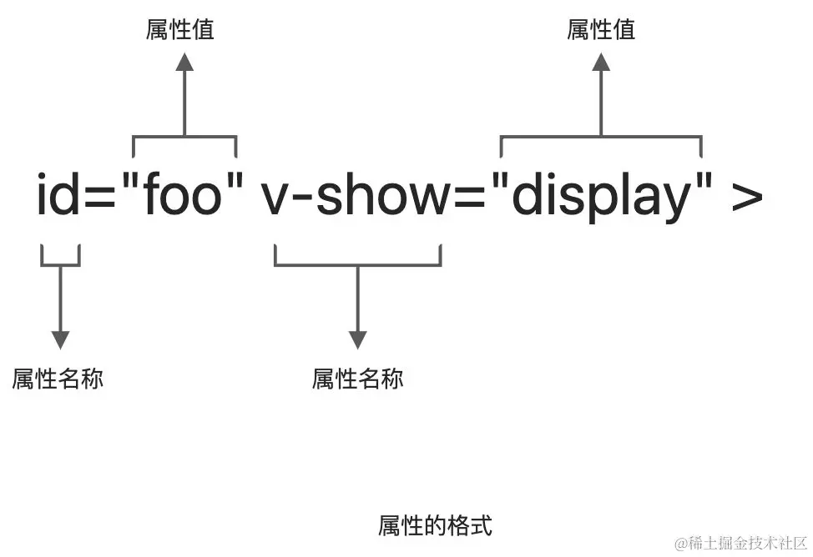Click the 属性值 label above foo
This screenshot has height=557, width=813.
180,30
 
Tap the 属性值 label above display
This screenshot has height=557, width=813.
601,30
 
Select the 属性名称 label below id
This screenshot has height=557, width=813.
58,379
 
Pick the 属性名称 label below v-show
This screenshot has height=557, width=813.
357,379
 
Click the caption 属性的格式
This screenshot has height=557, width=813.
435,526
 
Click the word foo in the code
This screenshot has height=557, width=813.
184,196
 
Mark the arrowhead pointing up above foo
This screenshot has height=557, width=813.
184,62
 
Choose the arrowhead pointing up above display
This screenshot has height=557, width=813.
601,62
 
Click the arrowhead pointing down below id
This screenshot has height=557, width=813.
60,339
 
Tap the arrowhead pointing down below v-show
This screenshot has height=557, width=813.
357,339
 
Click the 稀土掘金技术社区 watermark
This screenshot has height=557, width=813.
740,544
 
